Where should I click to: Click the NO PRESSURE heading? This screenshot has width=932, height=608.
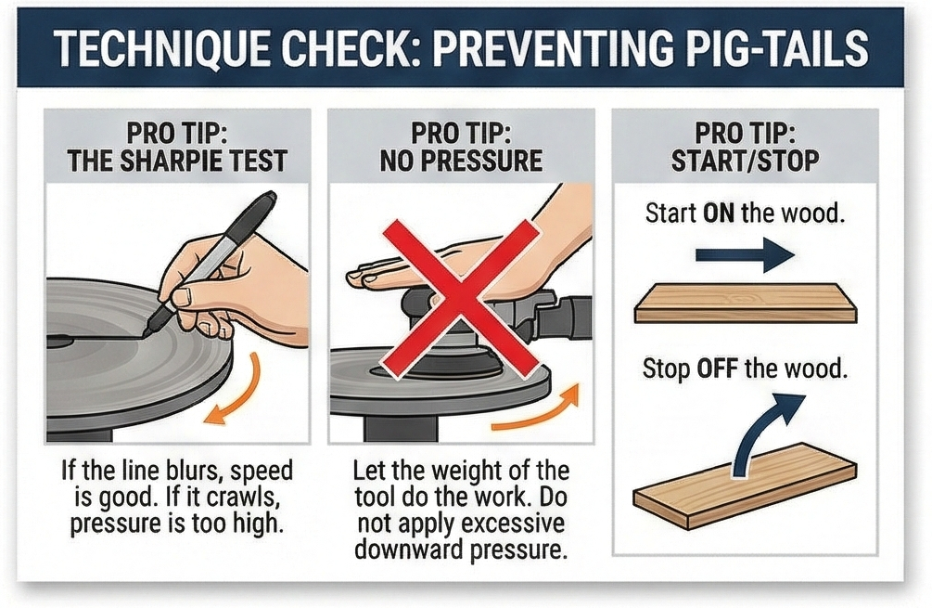click(x=461, y=161)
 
